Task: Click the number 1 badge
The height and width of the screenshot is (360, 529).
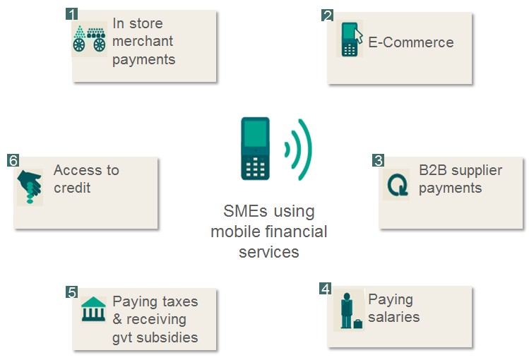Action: coord(72,14)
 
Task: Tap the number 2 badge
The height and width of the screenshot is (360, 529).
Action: coord(327,16)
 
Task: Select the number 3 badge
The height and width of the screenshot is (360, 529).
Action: coord(378,160)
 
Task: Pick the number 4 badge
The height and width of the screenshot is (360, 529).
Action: coord(325,289)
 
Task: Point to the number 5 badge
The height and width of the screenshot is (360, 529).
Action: coord(72,292)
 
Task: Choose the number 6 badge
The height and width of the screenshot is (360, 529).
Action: coord(13,160)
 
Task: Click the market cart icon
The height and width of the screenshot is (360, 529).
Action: coord(90,39)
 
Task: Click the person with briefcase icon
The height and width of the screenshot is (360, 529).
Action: coord(350,311)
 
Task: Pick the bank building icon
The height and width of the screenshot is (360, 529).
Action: coord(93,309)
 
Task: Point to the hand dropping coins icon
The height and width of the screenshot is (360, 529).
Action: coord(30,186)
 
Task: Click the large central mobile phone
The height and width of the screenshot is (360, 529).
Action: coord(256,148)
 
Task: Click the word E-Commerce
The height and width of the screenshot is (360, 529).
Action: coord(411,42)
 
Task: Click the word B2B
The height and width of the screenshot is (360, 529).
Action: coord(432,170)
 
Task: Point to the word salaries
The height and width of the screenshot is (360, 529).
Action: coord(393,317)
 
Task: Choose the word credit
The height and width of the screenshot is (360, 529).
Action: coord(72,188)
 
